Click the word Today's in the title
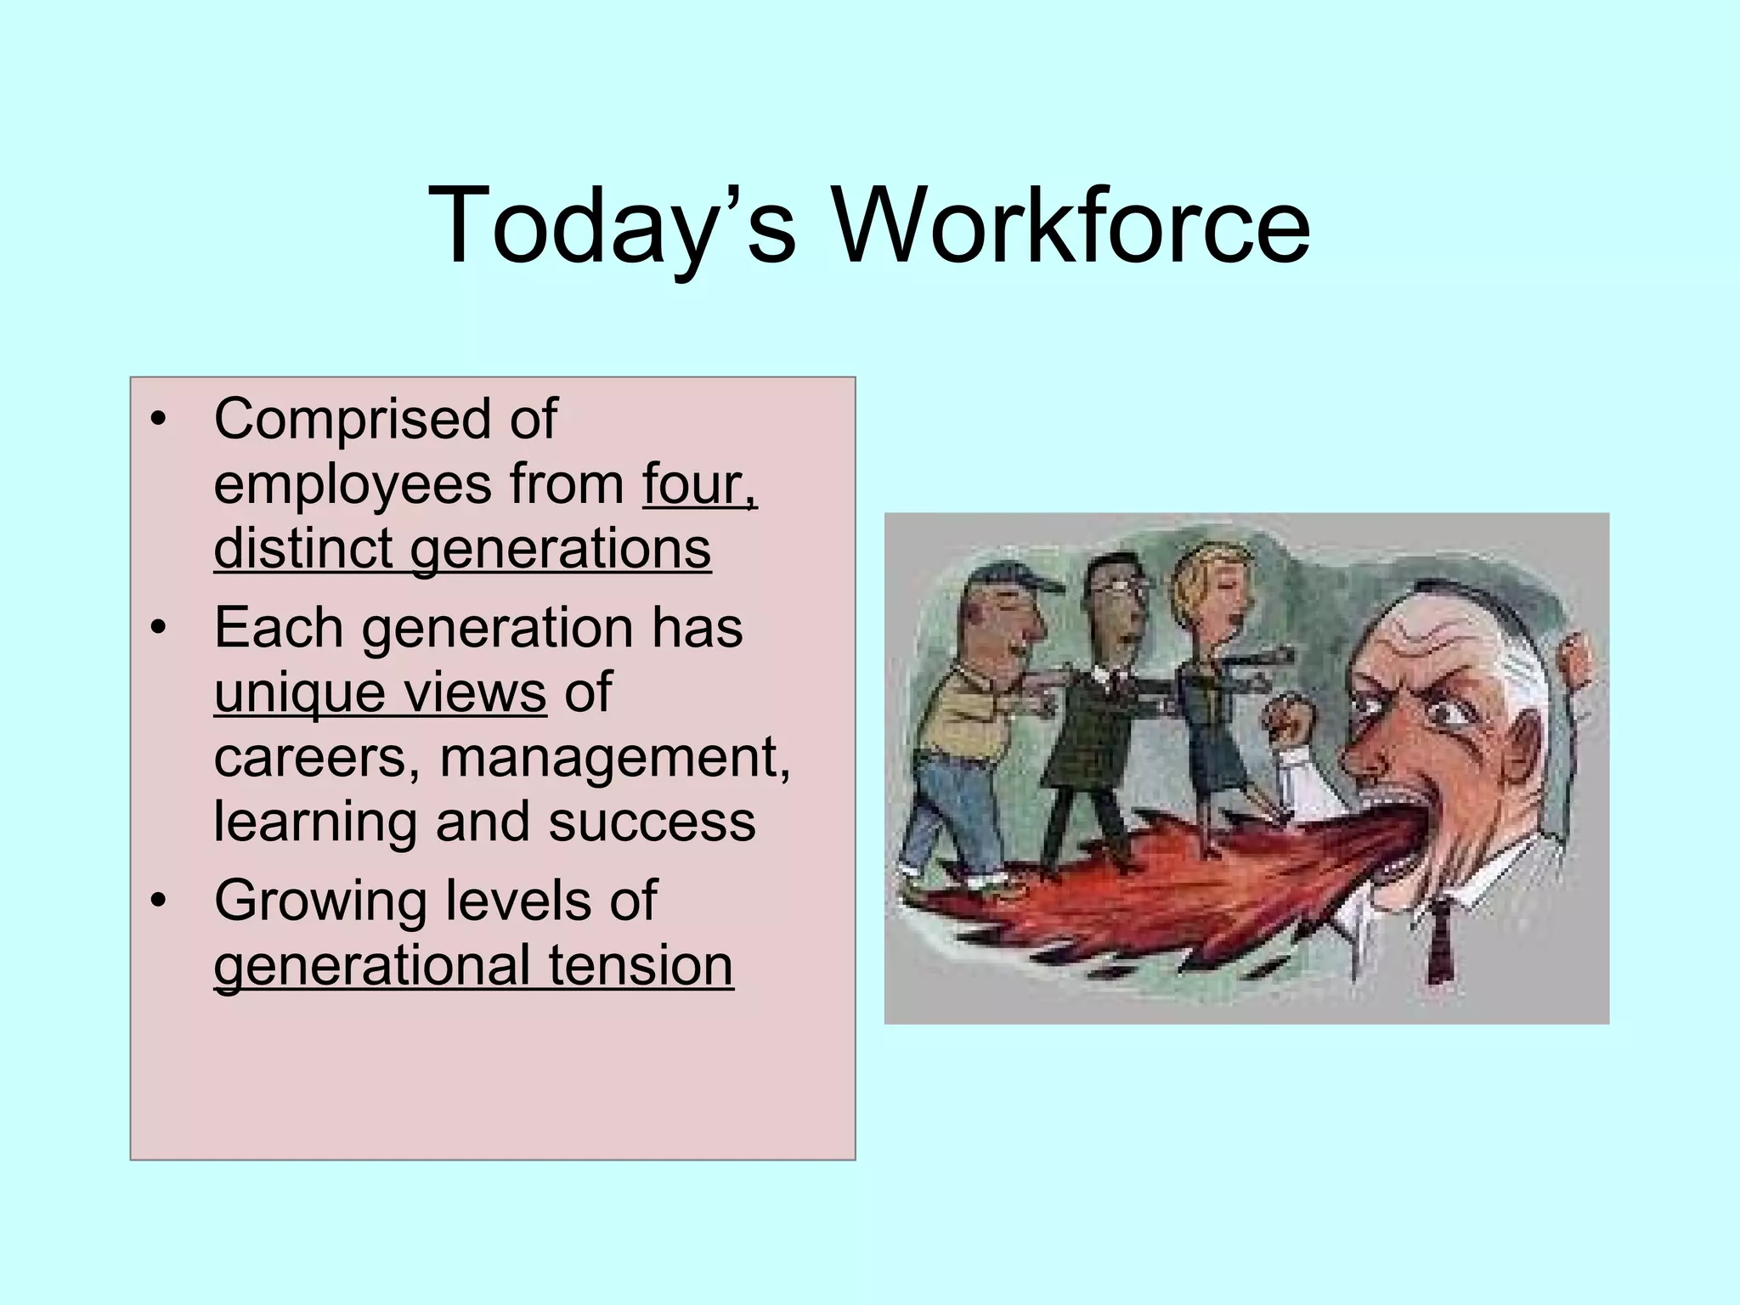pyautogui.click(x=613, y=226)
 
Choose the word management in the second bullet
pyautogui.click(x=614, y=756)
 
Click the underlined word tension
pyautogui.click(x=640, y=965)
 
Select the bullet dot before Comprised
pyautogui.click(x=158, y=420)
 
